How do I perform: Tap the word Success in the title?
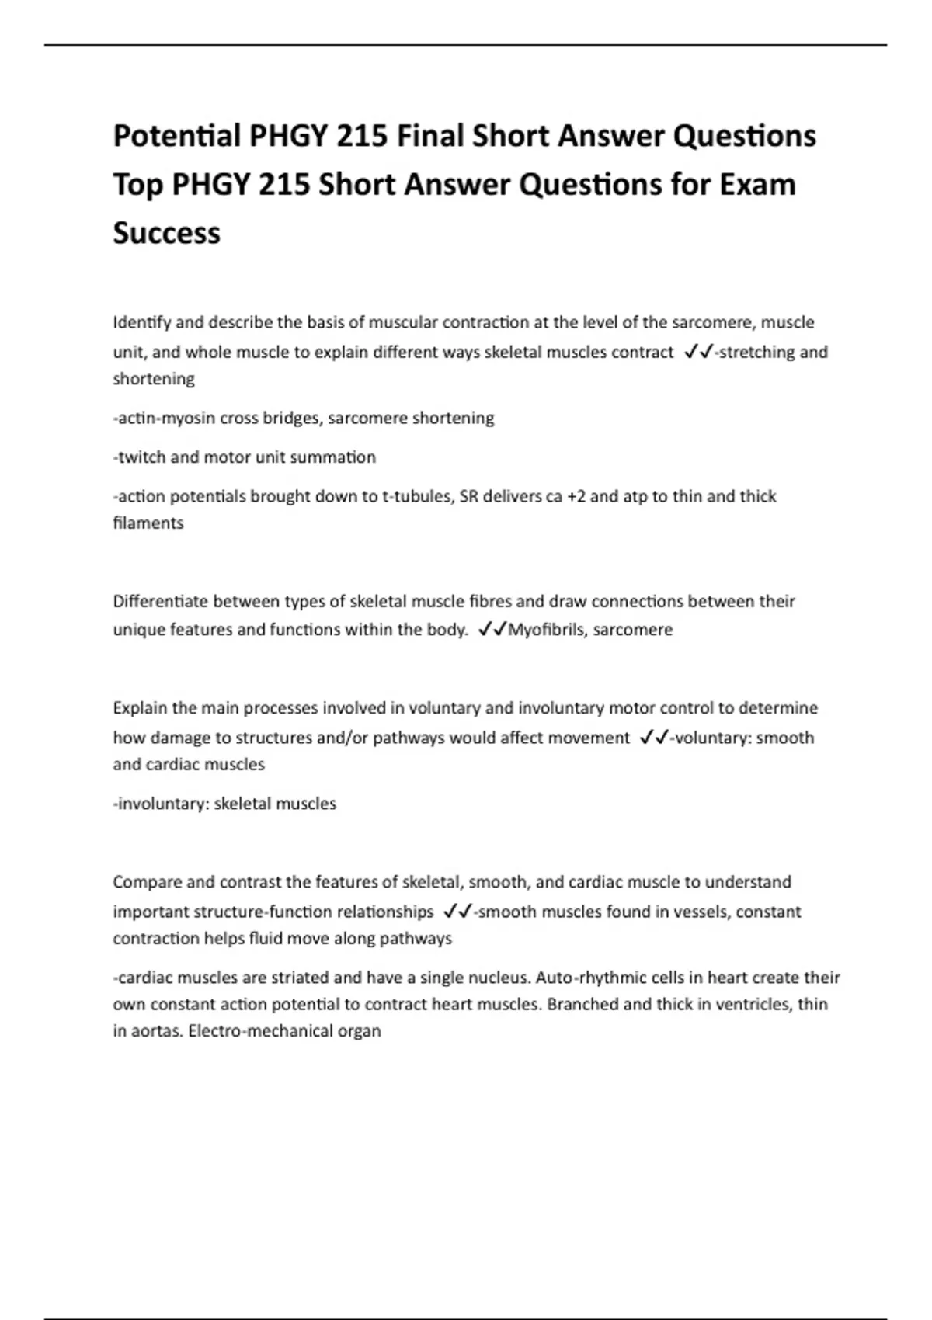tap(166, 232)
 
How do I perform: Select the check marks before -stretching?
tap(698, 353)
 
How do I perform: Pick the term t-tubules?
tap(418, 496)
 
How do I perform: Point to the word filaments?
tap(148, 523)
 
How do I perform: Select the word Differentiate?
tap(161, 601)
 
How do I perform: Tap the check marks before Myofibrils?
tap(492, 630)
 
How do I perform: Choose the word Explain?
tap(140, 708)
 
